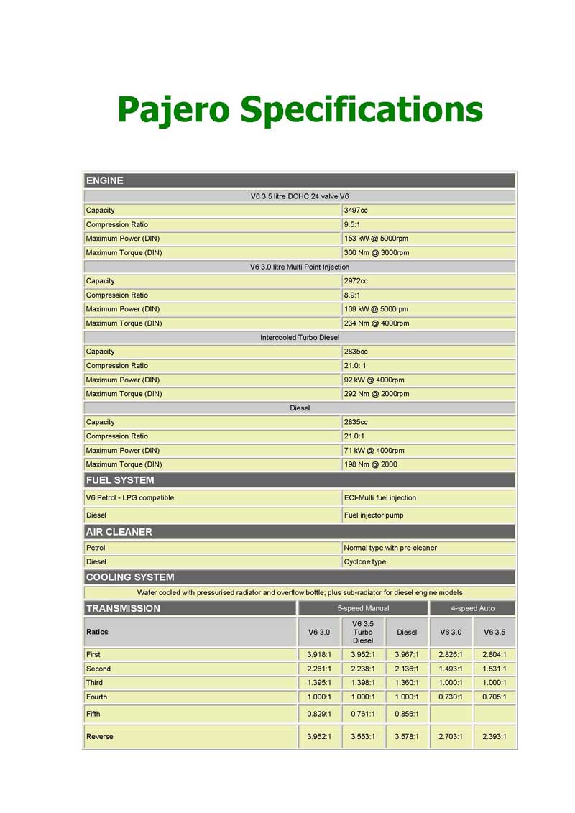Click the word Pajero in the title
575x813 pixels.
coord(173,110)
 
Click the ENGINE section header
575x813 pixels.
coord(105,180)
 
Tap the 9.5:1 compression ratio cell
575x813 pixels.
coord(352,224)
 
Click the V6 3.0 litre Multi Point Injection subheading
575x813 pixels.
coord(300,267)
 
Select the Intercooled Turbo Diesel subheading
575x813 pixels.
coord(300,337)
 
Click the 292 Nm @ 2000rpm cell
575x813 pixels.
coord(377,394)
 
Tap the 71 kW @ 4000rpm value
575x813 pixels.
coord(374,451)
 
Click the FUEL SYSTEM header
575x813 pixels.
coord(120,480)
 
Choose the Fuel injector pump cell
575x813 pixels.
coord(374,515)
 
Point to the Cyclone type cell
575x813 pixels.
coord(365,562)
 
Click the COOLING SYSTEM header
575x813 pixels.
coord(130,577)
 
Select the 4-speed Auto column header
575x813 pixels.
coord(472,608)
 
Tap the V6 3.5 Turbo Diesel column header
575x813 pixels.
coord(363,632)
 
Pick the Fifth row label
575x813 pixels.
coord(93,715)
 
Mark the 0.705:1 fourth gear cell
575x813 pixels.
coord(494,697)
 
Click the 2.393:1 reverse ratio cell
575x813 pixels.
coord(494,737)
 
